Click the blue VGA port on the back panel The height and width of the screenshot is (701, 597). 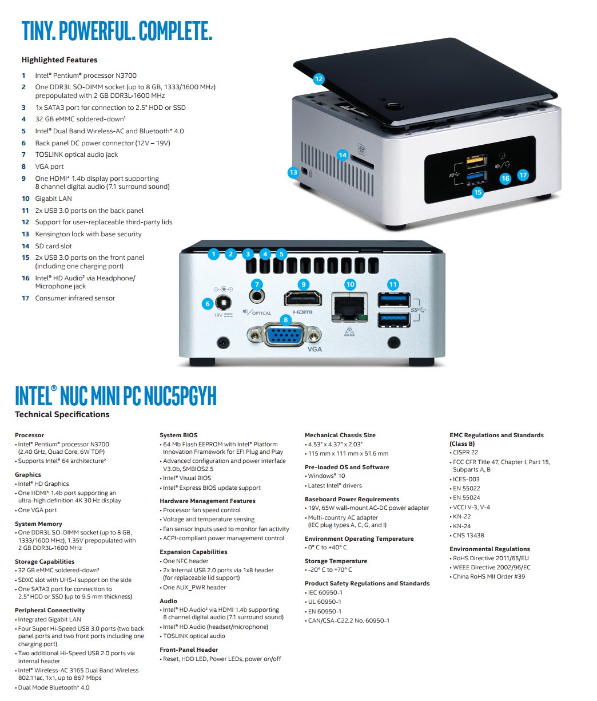(284, 336)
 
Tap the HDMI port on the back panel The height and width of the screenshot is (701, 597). (303, 299)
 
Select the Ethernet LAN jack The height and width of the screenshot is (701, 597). (349, 307)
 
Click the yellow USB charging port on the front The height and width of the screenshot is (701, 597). (476, 161)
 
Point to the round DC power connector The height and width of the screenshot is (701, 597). (223, 303)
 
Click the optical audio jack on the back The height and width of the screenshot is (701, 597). (257, 296)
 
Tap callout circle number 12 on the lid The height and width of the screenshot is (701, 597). (319, 79)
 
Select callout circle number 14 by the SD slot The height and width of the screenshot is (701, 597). (343, 155)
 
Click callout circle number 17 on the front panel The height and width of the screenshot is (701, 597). (523, 175)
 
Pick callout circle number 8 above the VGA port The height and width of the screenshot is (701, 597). (285, 320)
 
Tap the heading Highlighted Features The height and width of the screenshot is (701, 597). (59, 60)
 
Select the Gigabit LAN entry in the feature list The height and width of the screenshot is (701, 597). (54, 199)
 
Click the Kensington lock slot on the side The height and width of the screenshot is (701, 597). (304, 172)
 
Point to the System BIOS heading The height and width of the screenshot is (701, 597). (178, 435)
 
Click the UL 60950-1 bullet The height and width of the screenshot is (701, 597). (323, 601)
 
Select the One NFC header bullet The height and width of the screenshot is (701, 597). (184, 561)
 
